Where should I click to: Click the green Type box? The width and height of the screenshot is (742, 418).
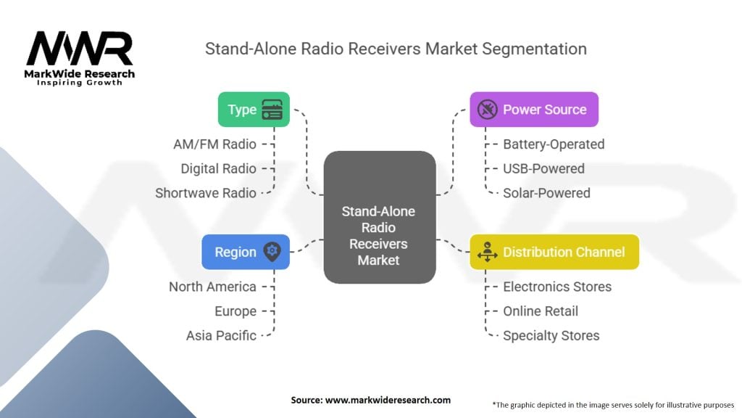coord(254,110)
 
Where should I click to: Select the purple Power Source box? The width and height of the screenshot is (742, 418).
coord(534,110)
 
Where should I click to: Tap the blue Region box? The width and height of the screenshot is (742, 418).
coord(246,252)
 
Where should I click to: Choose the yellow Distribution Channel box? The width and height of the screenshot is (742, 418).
coord(554,252)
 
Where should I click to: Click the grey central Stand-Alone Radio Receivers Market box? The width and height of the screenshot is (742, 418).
coord(380,217)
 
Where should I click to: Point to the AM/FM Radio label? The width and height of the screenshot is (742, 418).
coord(214,144)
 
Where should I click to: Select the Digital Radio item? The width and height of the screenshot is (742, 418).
coord(219,168)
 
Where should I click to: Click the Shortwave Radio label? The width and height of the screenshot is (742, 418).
coord(206,193)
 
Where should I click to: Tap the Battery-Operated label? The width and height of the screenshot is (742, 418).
coord(554,144)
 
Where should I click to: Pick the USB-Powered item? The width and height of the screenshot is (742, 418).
coord(543,168)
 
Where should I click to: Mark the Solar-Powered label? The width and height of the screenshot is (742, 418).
coord(546,193)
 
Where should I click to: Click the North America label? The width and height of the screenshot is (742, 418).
coord(212,287)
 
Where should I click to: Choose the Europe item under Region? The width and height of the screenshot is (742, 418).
coord(235,311)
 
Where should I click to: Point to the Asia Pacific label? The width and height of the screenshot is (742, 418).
coord(221,335)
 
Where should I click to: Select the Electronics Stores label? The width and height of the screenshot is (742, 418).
coord(557,287)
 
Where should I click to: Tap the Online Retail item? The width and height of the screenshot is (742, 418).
coord(541,311)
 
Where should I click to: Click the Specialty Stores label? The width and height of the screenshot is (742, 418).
coord(551,335)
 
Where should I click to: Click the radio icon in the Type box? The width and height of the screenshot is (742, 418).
coord(272,110)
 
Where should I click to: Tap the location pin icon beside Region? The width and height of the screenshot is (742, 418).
coord(272,251)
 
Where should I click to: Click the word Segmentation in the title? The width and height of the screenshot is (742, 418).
coord(534,49)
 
